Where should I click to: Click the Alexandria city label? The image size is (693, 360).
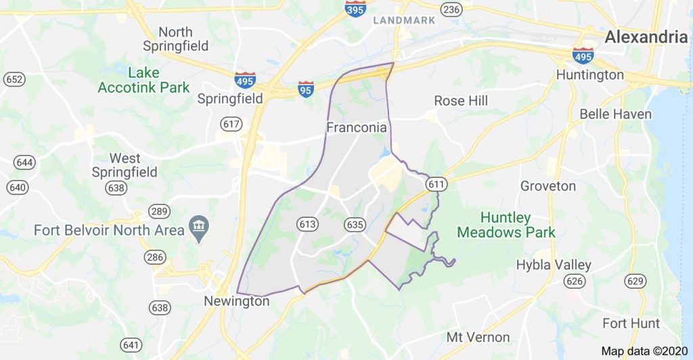click(646, 37)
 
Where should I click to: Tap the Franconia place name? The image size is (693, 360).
click(357, 127)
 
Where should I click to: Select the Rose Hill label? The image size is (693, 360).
click(461, 101)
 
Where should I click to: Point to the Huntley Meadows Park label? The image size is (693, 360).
click(506, 225)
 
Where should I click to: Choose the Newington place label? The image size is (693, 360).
click(237, 302)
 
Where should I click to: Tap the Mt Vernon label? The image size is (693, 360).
click(478, 337)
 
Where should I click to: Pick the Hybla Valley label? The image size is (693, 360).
click(554, 265)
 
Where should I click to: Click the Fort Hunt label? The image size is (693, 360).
click(631, 323)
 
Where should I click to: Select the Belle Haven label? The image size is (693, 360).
click(615, 114)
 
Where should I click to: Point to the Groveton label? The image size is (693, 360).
click(548, 185)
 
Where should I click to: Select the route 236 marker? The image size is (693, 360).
click(451, 9)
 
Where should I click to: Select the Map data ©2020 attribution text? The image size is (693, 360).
click(644, 351)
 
